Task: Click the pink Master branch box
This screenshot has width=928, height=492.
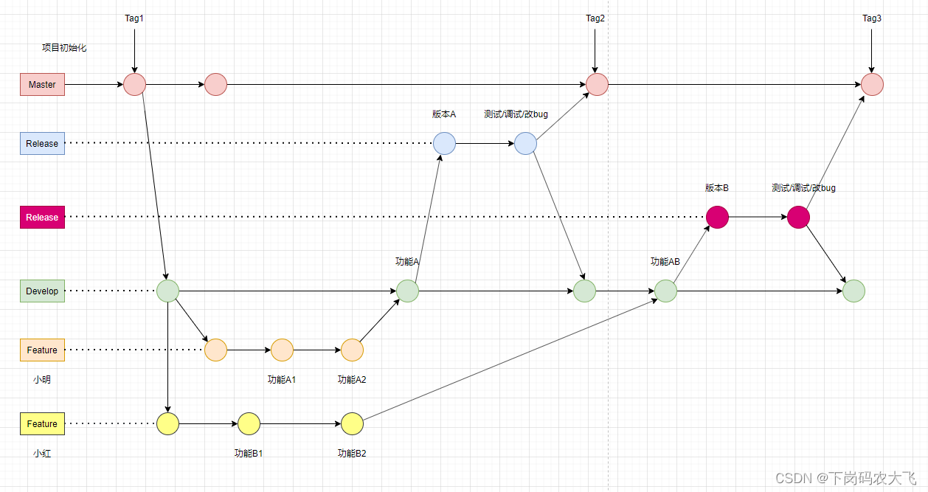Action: (42, 85)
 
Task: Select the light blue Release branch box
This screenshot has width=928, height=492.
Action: (42, 144)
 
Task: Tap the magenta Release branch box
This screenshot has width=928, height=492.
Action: (42, 218)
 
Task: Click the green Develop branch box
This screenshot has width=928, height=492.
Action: (42, 291)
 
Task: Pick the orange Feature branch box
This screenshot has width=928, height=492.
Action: (42, 350)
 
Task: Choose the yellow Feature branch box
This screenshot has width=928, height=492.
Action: (42, 424)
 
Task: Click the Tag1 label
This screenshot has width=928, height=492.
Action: (134, 18)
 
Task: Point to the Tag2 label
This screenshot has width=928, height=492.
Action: (595, 18)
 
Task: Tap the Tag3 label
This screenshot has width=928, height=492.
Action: (872, 18)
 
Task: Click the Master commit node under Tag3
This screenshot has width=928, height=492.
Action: (872, 85)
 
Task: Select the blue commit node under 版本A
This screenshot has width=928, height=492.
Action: (444, 144)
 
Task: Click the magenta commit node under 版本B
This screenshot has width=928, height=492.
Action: (717, 218)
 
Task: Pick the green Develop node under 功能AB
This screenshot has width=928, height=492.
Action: (665, 291)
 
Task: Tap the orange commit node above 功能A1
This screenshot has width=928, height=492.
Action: (282, 350)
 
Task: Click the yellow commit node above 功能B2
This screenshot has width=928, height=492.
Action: (352, 424)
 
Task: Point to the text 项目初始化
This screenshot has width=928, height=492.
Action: (64, 48)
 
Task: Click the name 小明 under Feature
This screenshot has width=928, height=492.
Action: (42, 380)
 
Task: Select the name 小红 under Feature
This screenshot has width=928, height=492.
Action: (42, 454)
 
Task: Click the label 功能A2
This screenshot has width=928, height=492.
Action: (352, 380)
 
